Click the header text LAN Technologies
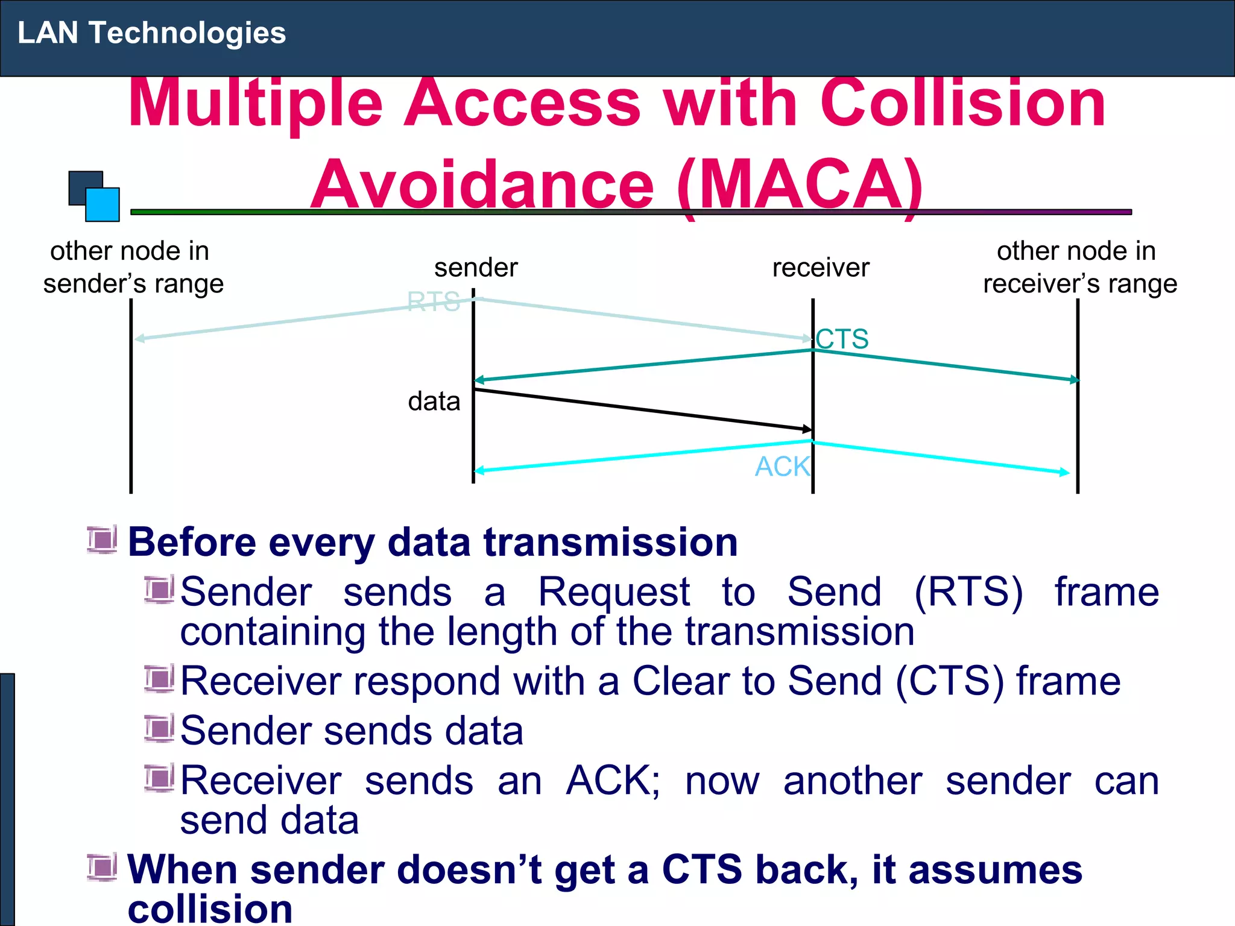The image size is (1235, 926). click(x=151, y=33)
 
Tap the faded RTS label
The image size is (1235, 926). click(x=433, y=302)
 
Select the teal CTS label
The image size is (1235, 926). click(x=842, y=339)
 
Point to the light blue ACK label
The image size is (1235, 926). click(x=782, y=467)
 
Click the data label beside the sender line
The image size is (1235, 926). click(x=434, y=402)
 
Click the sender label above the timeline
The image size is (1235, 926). click(x=476, y=268)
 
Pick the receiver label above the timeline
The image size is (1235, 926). click(x=821, y=268)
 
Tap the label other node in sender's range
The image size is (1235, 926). click(x=133, y=267)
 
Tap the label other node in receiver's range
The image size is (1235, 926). click(x=1079, y=267)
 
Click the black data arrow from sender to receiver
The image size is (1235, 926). click(x=642, y=409)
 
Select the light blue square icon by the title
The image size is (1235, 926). click(x=103, y=205)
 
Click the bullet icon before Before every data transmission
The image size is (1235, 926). click(x=102, y=540)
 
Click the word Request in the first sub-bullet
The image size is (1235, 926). click(x=613, y=592)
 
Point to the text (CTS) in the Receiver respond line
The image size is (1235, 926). click(x=950, y=681)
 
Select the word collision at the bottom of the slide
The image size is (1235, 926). click(x=210, y=909)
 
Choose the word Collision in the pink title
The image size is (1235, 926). click(x=962, y=104)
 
